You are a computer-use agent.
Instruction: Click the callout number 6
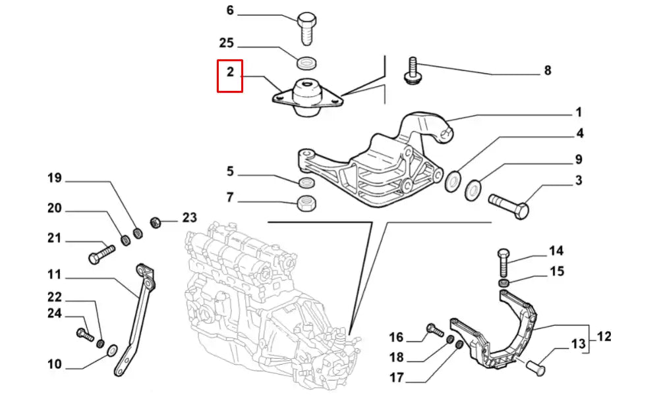pyautogui.click(x=230, y=11)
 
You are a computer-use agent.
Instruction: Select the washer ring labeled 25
pyautogui.click(x=306, y=63)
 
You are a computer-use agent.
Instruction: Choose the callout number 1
pyautogui.click(x=578, y=112)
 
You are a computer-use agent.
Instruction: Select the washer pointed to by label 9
pyautogui.click(x=473, y=191)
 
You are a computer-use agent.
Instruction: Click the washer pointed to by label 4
pyautogui.click(x=453, y=180)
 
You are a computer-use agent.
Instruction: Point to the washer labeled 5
pyautogui.click(x=306, y=182)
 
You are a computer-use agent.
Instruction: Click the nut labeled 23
pyautogui.click(x=157, y=221)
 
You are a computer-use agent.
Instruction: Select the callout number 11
pyautogui.click(x=54, y=274)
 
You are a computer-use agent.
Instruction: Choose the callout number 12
pyautogui.click(x=604, y=336)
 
